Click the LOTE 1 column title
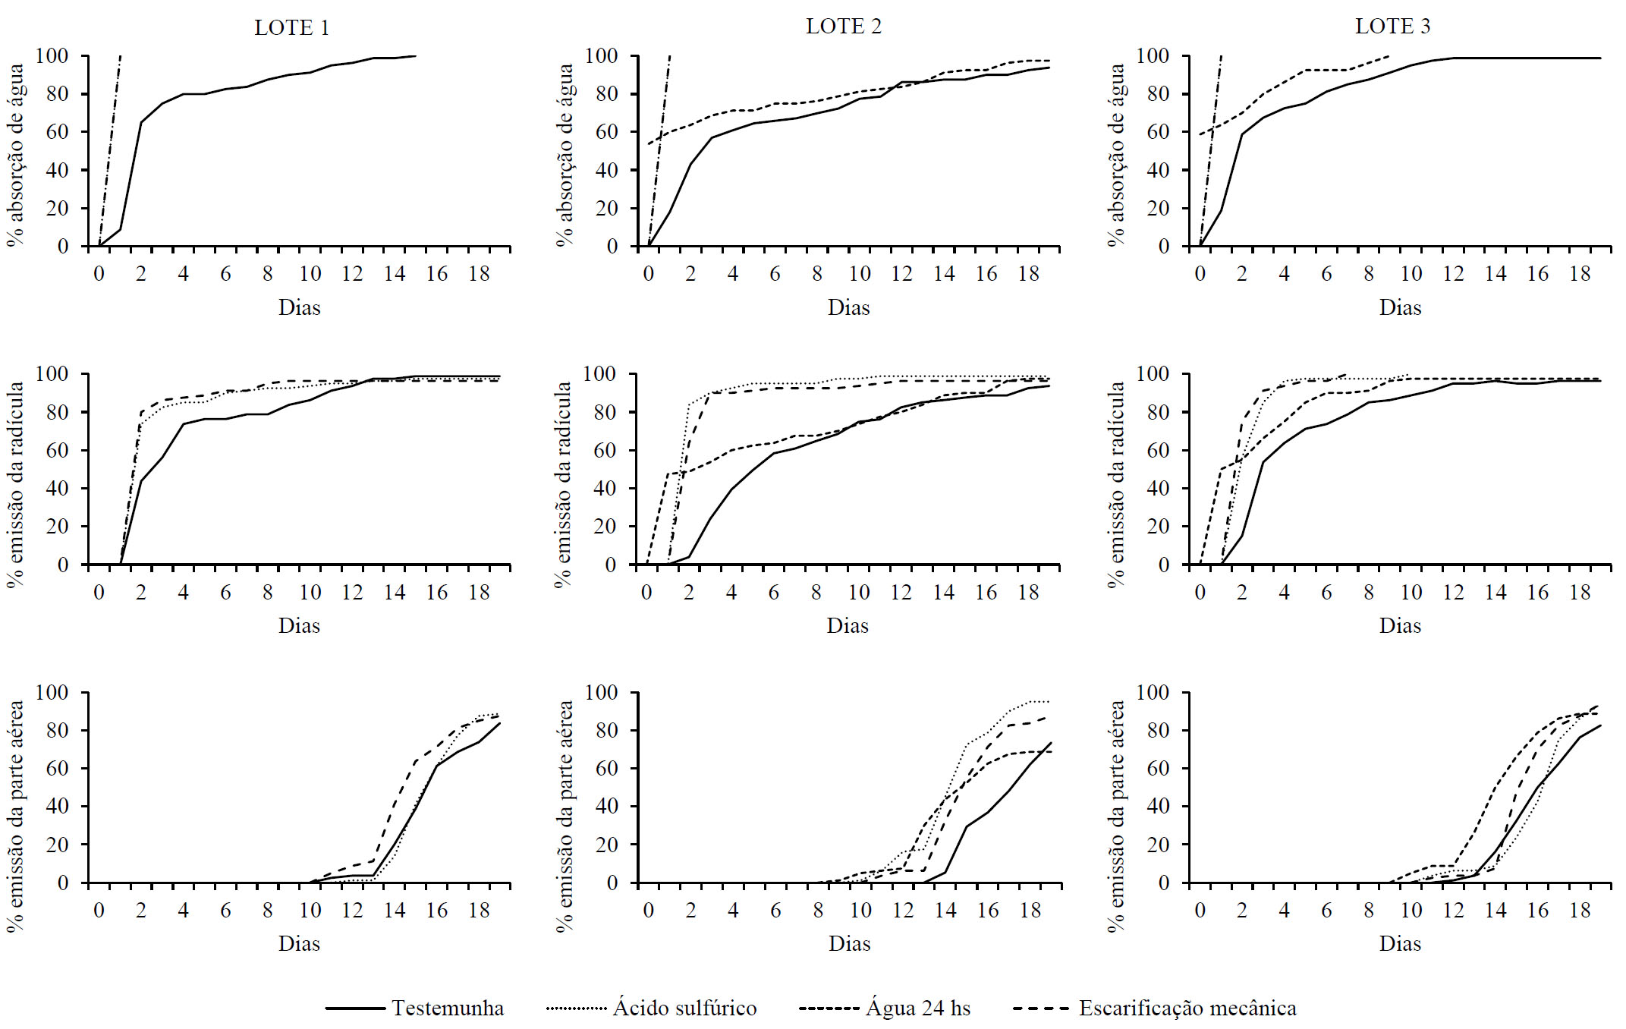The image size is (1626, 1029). click(x=291, y=28)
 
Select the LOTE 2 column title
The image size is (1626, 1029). click(x=843, y=27)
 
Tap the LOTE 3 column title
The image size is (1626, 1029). click(x=1392, y=27)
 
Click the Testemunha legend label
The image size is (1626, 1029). click(x=448, y=1008)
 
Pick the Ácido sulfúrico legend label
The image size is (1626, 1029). click(x=684, y=1008)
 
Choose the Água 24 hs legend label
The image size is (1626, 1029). click(x=918, y=1008)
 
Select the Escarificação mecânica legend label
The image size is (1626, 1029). click(x=1187, y=1008)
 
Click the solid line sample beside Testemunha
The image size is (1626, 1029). click(x=355, y=1009)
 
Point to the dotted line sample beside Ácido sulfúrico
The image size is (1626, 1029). click(x=576, y=1009)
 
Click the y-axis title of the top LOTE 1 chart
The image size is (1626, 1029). click(x=16, y=155)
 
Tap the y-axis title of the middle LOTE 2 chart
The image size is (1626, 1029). click(x=564, y=484)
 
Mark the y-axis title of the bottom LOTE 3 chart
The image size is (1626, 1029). click(x=1115, y=817)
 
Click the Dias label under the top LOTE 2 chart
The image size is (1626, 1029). click(x=848, y=307)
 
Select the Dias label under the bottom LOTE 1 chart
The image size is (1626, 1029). click(x=299, y=943)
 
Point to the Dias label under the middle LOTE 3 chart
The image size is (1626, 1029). click(x=1400, y=625)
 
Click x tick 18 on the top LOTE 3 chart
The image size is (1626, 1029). click(x=1580, y=274)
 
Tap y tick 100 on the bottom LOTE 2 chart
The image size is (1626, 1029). click(x=601, y=692)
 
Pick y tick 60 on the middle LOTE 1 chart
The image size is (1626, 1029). click(x=57, y=450)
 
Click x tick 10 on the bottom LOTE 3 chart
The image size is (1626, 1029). click(x=1411, y=911)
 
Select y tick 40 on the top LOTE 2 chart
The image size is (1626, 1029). click(x=606, y=170)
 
